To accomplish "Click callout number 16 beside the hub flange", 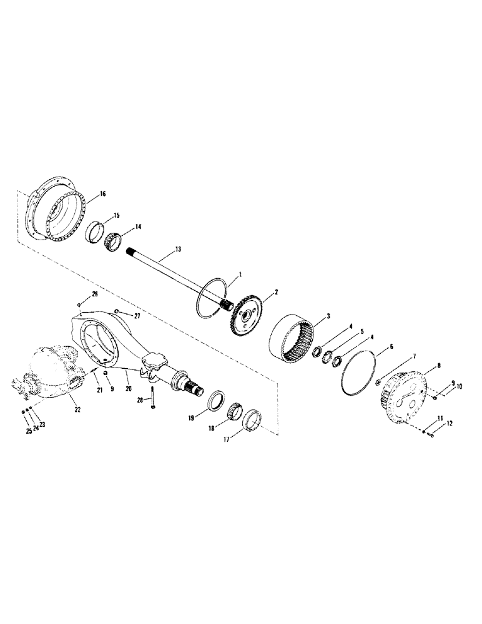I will click(x=103, y=194).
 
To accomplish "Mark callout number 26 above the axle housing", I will click(x=95, y=293).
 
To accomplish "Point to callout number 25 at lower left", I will click(x=29, y=431).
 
